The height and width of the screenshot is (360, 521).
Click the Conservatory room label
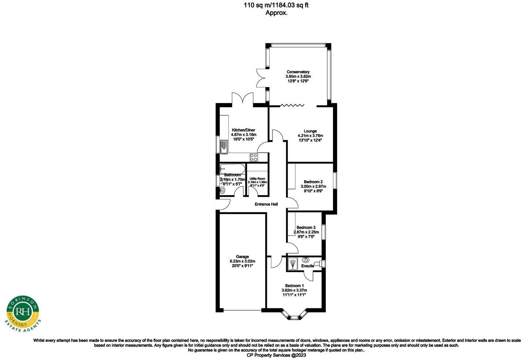[298, 72]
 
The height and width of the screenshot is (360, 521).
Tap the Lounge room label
[310, 131]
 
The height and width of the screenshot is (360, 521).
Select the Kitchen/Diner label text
[243, 130]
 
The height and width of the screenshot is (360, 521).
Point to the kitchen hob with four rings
[253, 157]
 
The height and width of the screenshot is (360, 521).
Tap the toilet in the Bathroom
[222, 190]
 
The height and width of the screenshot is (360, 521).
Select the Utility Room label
[257, 179]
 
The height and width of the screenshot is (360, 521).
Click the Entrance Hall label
[266, 204]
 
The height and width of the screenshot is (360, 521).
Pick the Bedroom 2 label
[313, 182]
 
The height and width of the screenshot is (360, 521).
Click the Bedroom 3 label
[306, 227]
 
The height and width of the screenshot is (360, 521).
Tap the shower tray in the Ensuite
[292, 263]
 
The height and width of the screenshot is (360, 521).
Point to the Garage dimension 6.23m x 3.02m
[242, 261]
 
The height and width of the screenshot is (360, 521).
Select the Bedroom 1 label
[294, 286]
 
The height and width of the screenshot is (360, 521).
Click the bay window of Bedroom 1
[294, 316]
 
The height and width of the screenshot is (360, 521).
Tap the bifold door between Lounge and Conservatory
[292, 106]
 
